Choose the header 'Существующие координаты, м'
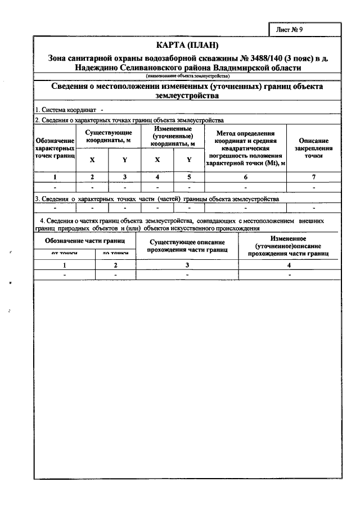coord(109,136)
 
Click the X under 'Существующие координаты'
coord(92,160)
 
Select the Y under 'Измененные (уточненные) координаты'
coord(189,160)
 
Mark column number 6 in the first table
coord(245,177)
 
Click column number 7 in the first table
coord(313,177)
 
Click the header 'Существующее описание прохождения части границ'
coord(188,246)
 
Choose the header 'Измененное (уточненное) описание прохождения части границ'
coord(289,246)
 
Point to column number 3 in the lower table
coord(188,264)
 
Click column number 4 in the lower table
coord(289,264)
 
